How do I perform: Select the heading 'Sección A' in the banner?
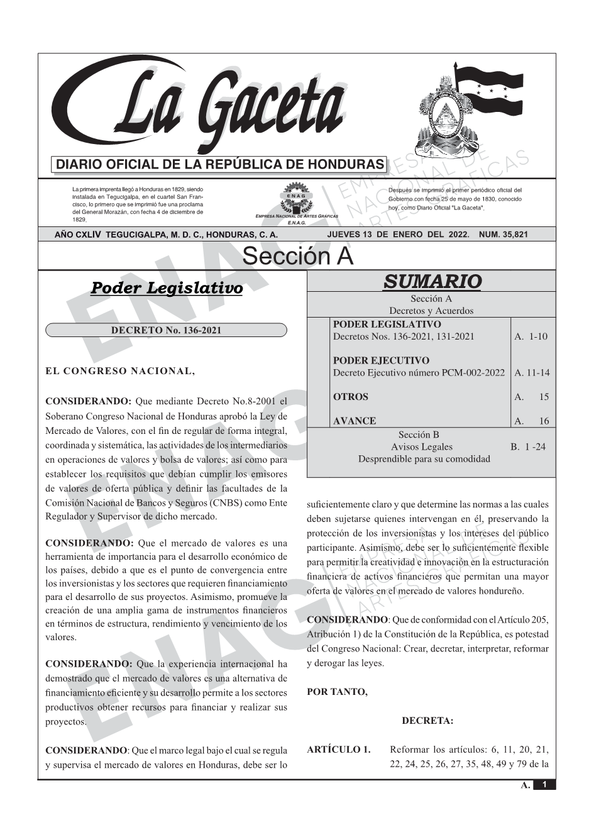(297, 257)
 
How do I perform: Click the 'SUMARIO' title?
(432, 281)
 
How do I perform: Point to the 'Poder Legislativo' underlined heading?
(167, 289)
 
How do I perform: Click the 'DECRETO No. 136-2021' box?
(166, 330)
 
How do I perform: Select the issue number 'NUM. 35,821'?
(503, 235)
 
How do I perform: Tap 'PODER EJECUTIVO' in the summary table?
(381, 360)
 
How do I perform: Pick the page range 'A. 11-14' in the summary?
(532, 373)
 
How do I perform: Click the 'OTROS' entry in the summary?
(351, 397)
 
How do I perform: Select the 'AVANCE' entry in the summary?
(355, 421)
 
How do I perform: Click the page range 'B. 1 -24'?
(528, 447)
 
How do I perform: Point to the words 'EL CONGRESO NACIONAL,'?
(121, 371)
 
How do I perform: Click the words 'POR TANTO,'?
(337, 692)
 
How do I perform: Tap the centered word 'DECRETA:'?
(427, 721)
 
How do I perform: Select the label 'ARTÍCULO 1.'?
(339, 750)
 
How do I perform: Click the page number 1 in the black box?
(544, 785)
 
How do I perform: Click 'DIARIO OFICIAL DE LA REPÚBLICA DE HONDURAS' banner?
(220, 165)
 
